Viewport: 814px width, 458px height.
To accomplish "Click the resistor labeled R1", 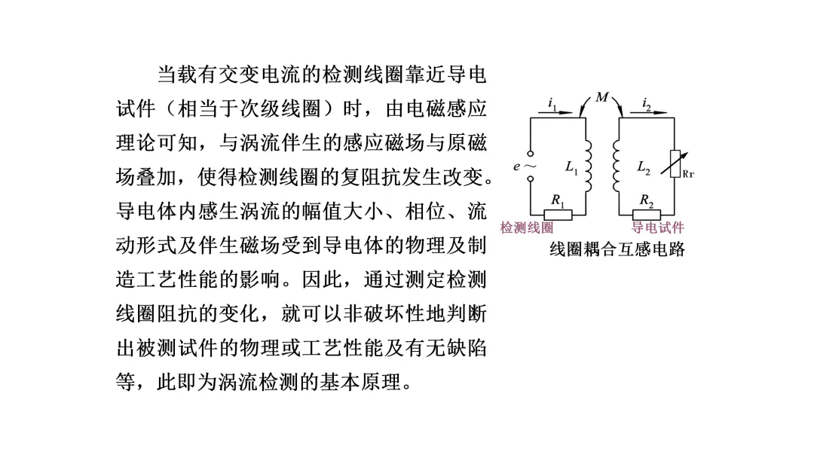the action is tap(558, 214).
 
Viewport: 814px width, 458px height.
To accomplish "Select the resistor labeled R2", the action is tap(646, 214).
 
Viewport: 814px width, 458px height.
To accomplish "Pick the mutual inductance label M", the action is tap(601, 97).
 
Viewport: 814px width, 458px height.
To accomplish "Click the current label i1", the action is tap(552, 103).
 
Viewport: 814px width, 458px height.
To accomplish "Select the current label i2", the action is tap(647, 103).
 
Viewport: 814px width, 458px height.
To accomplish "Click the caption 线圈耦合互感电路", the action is tap(617, 249).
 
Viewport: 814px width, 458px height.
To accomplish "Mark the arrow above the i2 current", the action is tap(649, 113).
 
